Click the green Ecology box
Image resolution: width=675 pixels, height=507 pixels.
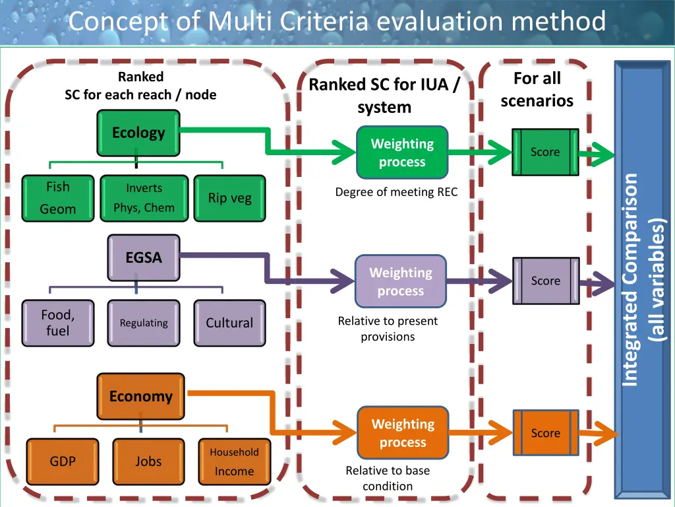click(138, 133)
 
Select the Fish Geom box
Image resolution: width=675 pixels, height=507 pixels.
click(58, 198)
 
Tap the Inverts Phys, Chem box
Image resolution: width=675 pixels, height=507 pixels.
click(144, 198)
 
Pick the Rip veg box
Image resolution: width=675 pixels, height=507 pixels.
click(229, 198)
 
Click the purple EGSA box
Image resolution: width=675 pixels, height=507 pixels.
click(143, 258)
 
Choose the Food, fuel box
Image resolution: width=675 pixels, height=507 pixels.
click(58, 323)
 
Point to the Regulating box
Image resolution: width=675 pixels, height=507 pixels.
click(143, 323)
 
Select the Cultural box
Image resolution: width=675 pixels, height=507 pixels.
click(229, 323)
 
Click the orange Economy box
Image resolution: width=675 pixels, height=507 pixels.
click(141, 396)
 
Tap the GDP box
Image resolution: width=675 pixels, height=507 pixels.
click(63, 461)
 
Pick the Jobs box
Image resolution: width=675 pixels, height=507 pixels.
click(148, 461)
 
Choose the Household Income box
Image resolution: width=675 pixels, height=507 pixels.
click(235, 461)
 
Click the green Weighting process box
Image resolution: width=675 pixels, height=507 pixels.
click(402, 152)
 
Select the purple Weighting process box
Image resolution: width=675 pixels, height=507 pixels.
click(401, 281)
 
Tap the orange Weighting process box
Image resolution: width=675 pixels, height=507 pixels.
click(403, 433)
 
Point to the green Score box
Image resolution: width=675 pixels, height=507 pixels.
click(545, 152)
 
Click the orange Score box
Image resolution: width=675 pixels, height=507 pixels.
click(545, 433)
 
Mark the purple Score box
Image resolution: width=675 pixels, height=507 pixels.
click(545, 281)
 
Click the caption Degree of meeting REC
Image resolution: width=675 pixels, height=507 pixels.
click(396, 192)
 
